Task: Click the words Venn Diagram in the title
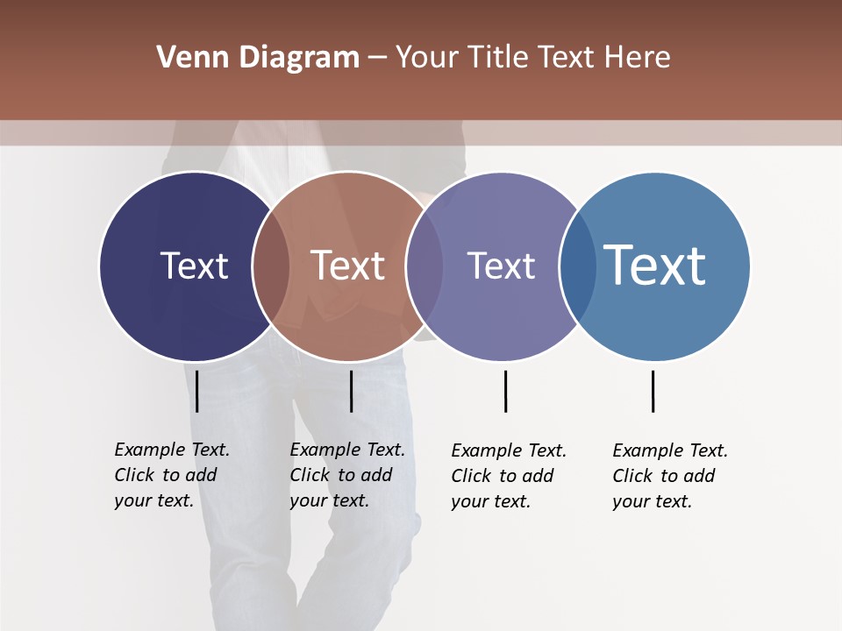pyautogui.click(x=258, y=58)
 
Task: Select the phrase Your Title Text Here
pyautogui.click(x=532, y=58)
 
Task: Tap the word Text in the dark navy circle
pyautogui.click(x=194, y=266)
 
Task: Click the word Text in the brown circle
pyautogui.click(x=348, y=266)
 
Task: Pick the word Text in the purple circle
pyautogui.click(x=501, y=266)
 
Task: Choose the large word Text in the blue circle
pyautogui.click(x=655, y=265)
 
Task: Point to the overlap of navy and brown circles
pyautogui.click(x=271, y=266)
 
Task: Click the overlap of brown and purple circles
pyautogui.click(x=425, y=266)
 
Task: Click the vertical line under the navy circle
pyautogui.click(x=197, y=391)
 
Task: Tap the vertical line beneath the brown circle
pyautogui.click(x=351, y=391)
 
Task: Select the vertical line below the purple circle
pyautogui.click(x=505, y=391)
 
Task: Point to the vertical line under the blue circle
pyautogui.click(x=653, y=391)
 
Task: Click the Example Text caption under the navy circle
pyautogui.click(x=172, y=475)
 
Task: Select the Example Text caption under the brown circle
pyautogui.click(x=347, y=475)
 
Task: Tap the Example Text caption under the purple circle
pyautogui.click(x=509, y=476)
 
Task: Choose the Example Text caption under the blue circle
pyautogui.click(x=670, y=476)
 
